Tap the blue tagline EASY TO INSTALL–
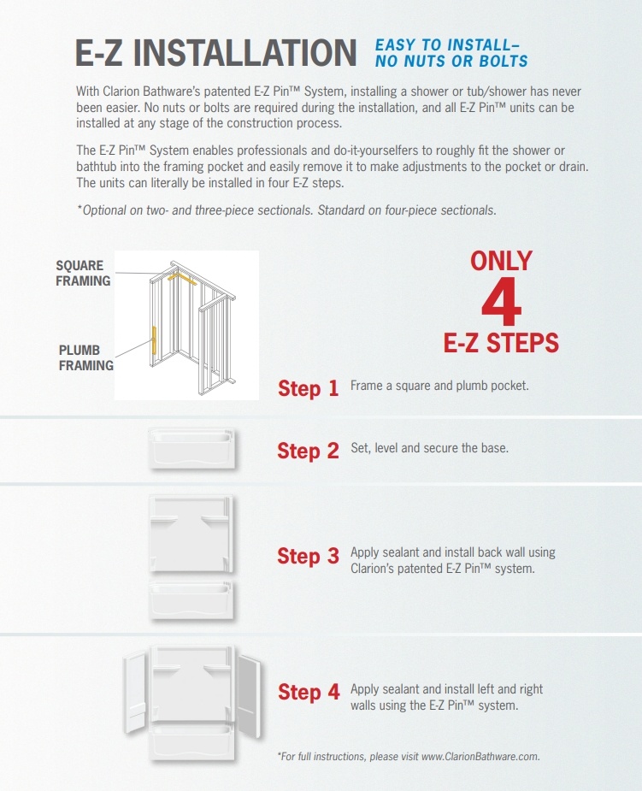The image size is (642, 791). [447, 45]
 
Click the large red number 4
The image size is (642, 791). [501, 302]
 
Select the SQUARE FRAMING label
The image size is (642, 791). [83, 273]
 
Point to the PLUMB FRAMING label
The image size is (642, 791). [85, 357]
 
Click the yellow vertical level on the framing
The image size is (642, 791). [155, 340]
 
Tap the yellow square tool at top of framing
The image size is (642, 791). [181, 277]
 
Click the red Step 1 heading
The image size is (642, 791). [308, 388]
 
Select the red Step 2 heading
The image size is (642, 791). [308, 451]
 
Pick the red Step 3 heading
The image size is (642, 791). [308, 556]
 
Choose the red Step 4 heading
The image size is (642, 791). [309, 692]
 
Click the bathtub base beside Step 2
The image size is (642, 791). [191, 448]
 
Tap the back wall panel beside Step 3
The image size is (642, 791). [191, 534]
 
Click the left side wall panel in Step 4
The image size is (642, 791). [134, 691]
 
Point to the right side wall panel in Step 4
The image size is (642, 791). [249, 694]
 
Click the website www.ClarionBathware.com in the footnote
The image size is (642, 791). [480, 756]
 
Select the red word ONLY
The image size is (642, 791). [501, 261]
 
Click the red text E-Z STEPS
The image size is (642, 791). [501, 343]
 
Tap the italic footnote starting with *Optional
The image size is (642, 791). [286, 210]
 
